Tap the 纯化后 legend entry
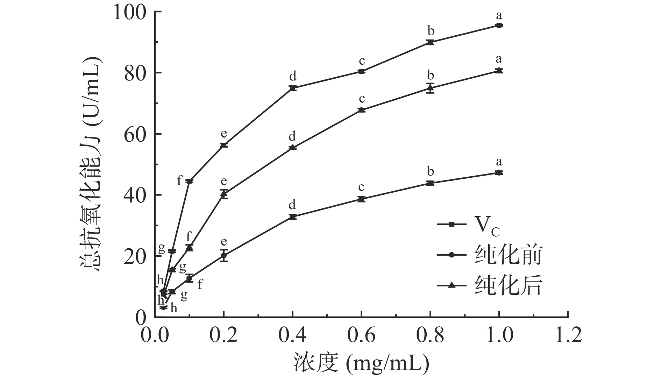click(490, 285)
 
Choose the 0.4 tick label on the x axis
click(292, 335)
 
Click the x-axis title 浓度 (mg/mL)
click(360, 364)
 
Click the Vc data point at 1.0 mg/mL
click(499, 25)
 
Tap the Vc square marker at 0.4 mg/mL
click(293, 88)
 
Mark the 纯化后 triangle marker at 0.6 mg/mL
click(362, 109)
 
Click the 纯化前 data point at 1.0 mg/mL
click(499, 173)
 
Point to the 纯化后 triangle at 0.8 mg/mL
click(430, 88)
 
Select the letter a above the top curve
click(499, 16)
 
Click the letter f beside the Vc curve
click(179, 181)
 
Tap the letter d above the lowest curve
click(292, 205)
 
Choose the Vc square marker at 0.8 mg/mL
click(430, 42)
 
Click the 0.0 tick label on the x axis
click(155, 335)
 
